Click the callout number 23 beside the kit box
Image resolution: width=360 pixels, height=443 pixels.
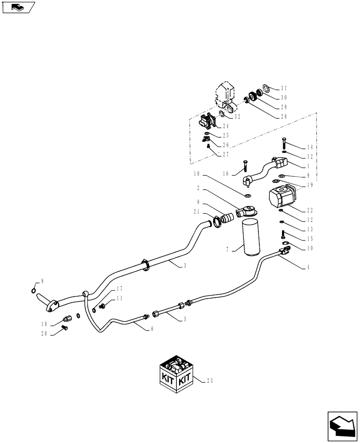(210, 380)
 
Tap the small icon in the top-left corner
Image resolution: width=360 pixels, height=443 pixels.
(18, 7)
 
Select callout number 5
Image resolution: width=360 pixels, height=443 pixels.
(184, 319)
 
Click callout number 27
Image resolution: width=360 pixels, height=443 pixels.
(226, 155)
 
